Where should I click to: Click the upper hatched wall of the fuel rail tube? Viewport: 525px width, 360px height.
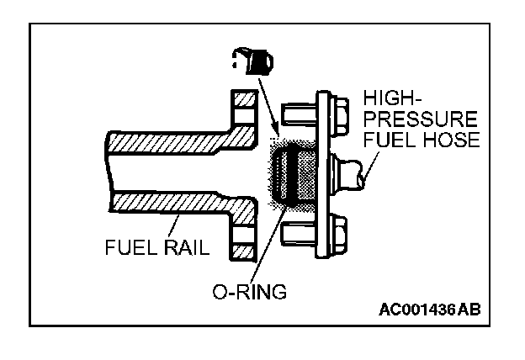(168, 139)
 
